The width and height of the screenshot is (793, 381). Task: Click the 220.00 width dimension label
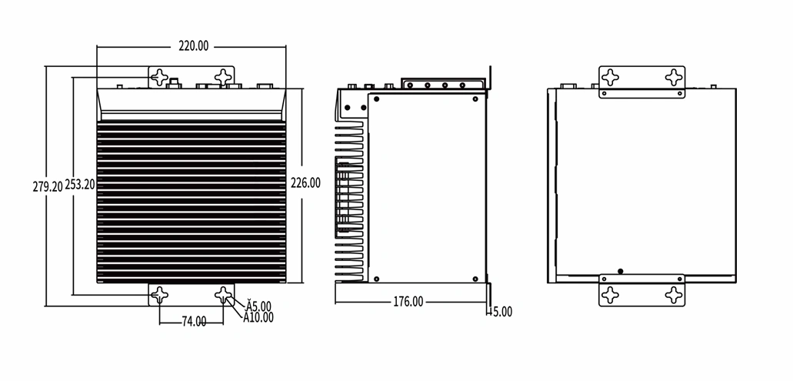tap(193, 46)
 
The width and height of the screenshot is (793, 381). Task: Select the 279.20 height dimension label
tap(48, 186)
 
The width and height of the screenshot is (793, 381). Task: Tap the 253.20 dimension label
tap(80, 185)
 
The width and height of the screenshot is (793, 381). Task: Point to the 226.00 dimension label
tap(305, 182)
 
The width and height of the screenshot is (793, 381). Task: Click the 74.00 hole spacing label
tap(194, 321)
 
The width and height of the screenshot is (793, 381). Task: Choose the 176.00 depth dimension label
tap(408, 302)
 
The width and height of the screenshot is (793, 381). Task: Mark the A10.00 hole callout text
tap(258, 317)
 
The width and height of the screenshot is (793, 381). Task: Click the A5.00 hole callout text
tap(258, 306)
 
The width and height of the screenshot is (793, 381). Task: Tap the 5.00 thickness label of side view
tap(501, 312)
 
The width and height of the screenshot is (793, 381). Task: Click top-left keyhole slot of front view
tap(160, 78)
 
